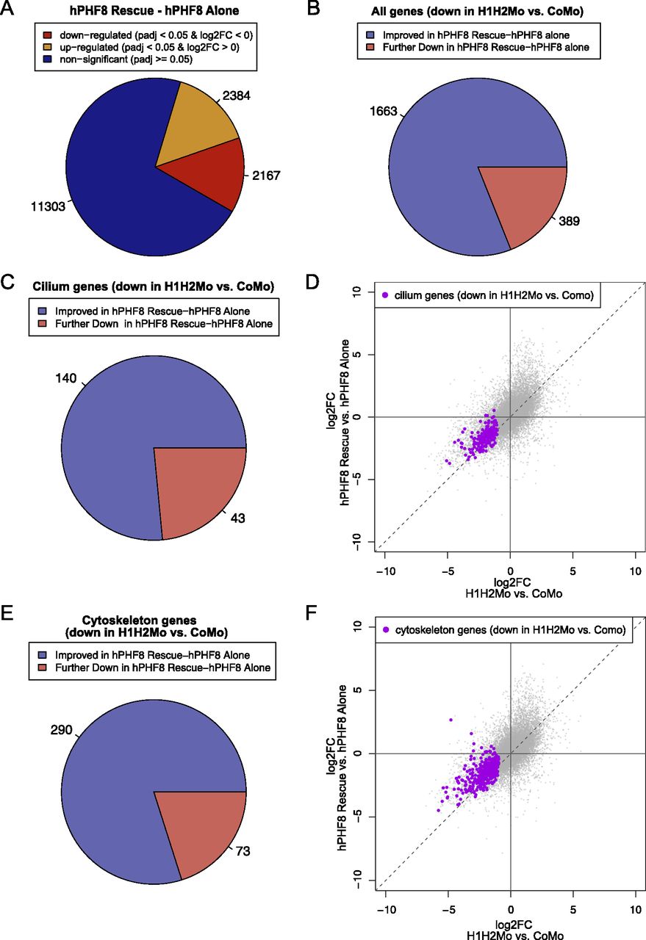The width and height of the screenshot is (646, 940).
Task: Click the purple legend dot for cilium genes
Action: (385, 295)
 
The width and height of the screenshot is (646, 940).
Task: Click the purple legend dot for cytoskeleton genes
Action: (385, 629)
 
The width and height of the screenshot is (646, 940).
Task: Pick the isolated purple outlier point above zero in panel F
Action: (451, 720)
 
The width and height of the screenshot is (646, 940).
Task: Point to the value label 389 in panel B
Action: (570, 220)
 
